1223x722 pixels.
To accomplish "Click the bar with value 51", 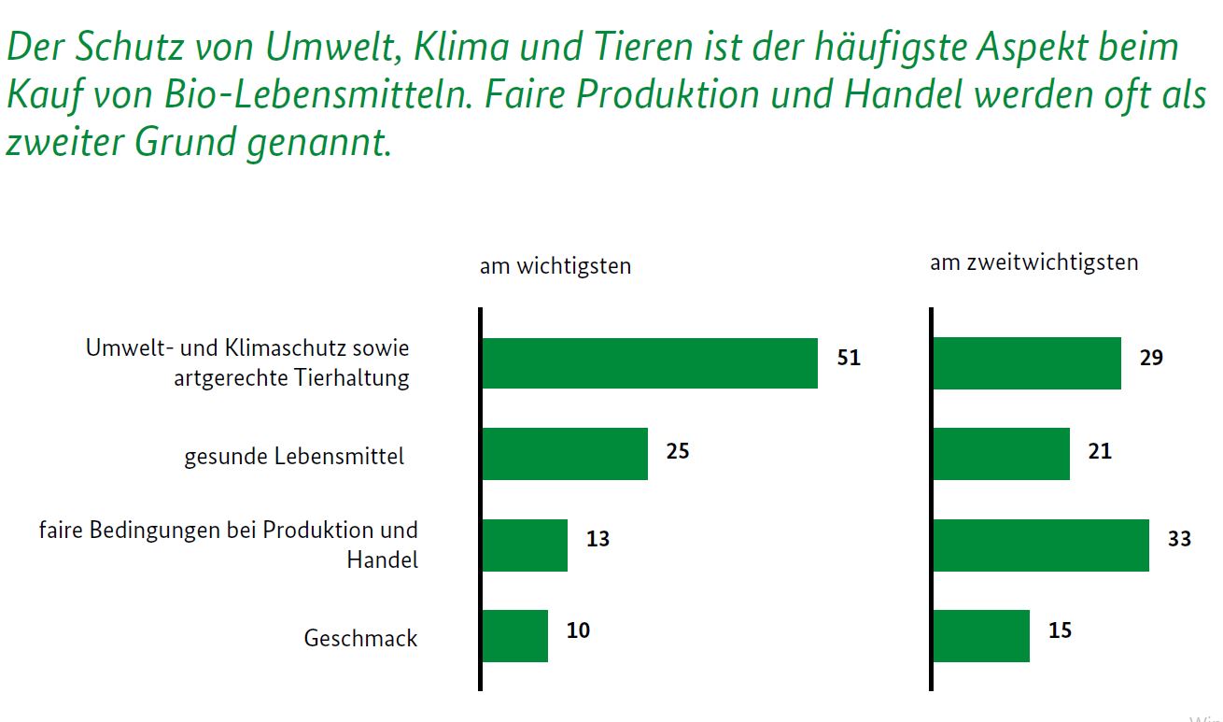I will pyautogui.click(x=649, y=363).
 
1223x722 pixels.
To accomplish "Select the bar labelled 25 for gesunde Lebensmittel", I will pyautogui.click(x=565, y=454).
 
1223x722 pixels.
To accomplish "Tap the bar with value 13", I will pyautogui.click(x=525, y=545).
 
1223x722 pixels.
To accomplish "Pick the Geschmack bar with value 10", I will pyautogui.click(x=514, y=636).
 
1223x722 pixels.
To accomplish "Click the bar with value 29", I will pyautogui.click(x=1027, y=363).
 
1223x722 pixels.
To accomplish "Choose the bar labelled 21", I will pyautogui.click(x=1001, y=454).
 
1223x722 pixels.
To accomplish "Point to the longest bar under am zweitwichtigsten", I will pyautogui.click(x=1041, y=545).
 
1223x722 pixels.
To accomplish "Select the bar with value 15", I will pyautogui.click(x=981, y=636).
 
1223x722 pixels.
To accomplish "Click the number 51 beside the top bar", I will pyautogui.click(x=849, y=358).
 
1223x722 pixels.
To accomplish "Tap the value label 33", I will pyautogui.click(x=1179, y=539).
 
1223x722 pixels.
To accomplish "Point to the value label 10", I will pyautogui.click(x=578, y=630).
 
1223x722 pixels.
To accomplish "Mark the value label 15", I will pyautogui.click(x=1060, y=630).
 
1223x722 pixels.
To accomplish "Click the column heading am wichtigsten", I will pyautogui.click(x=555, y=266).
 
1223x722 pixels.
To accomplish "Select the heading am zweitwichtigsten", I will pyautogui.click(x=1033, y=262).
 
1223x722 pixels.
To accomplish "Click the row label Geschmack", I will pyautogui.click(x=360, y=639).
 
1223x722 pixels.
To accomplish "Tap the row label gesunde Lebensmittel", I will pyautogui.click(x=294, y=457).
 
